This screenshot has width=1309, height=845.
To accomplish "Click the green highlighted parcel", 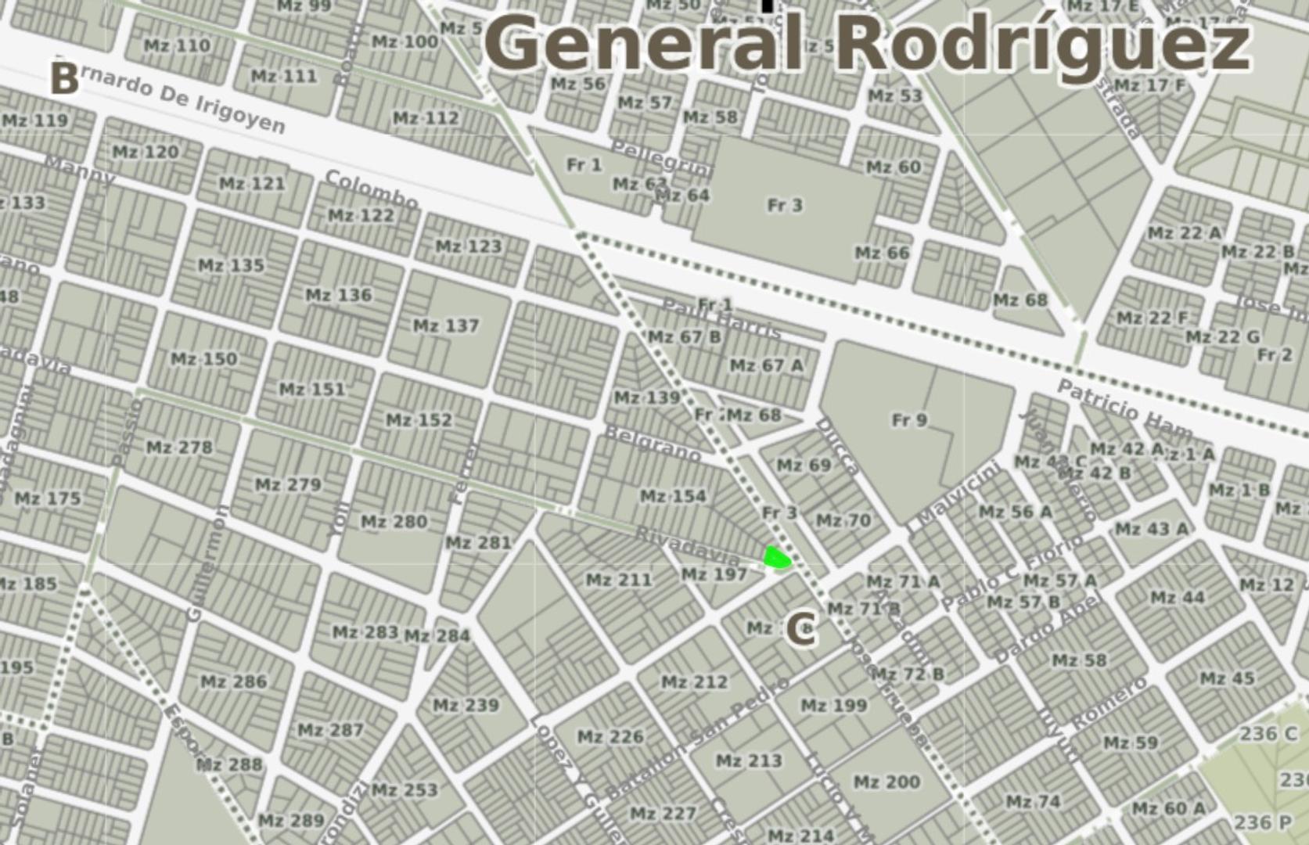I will (x=776, y=558).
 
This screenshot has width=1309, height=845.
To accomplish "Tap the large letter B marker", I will (x=64, y=79).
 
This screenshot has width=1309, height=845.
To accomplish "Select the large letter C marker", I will (x=800, y=630).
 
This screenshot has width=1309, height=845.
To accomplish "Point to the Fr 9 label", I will (x=909, y=420).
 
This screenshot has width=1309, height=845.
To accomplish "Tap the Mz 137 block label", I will (x=446, y=325).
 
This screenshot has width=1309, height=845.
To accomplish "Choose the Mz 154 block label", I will (x=673, y=496).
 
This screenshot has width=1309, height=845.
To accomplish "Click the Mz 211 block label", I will (x=619, y=580).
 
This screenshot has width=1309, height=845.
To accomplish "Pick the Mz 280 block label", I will (x=394, y=522).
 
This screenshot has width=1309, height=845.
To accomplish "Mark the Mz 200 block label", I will (x=886, y=782).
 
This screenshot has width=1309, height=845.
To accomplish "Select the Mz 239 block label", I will (x=466, y=706).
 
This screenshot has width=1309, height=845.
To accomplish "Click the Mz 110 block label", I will (x=178, y=45).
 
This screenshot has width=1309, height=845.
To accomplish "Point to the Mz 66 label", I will (x=882, y=253).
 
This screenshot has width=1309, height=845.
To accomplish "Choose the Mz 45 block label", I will (x=1227, y=678).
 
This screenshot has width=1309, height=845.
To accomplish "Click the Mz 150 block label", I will (x=203, y=359).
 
